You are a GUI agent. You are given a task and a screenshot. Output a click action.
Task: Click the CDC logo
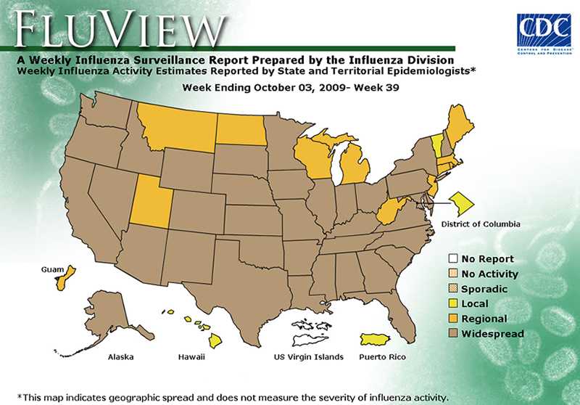[x=543, y=34]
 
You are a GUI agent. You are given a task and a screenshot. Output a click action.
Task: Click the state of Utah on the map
[x=149, y=201]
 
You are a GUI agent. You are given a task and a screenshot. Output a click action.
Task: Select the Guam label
[x=51, y=268]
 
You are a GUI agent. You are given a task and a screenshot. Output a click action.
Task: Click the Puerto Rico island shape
[x=382, y=340]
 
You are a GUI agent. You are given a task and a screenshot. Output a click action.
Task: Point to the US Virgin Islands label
[x=308, y=357]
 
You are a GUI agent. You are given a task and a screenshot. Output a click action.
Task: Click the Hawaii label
[x=192, y=357]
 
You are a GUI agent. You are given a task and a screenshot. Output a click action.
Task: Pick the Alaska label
[x=120, y=357]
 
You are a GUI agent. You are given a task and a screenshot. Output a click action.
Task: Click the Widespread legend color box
[x=453, y=334]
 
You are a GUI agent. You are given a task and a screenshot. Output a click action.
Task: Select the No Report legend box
[x=453, y=258]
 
